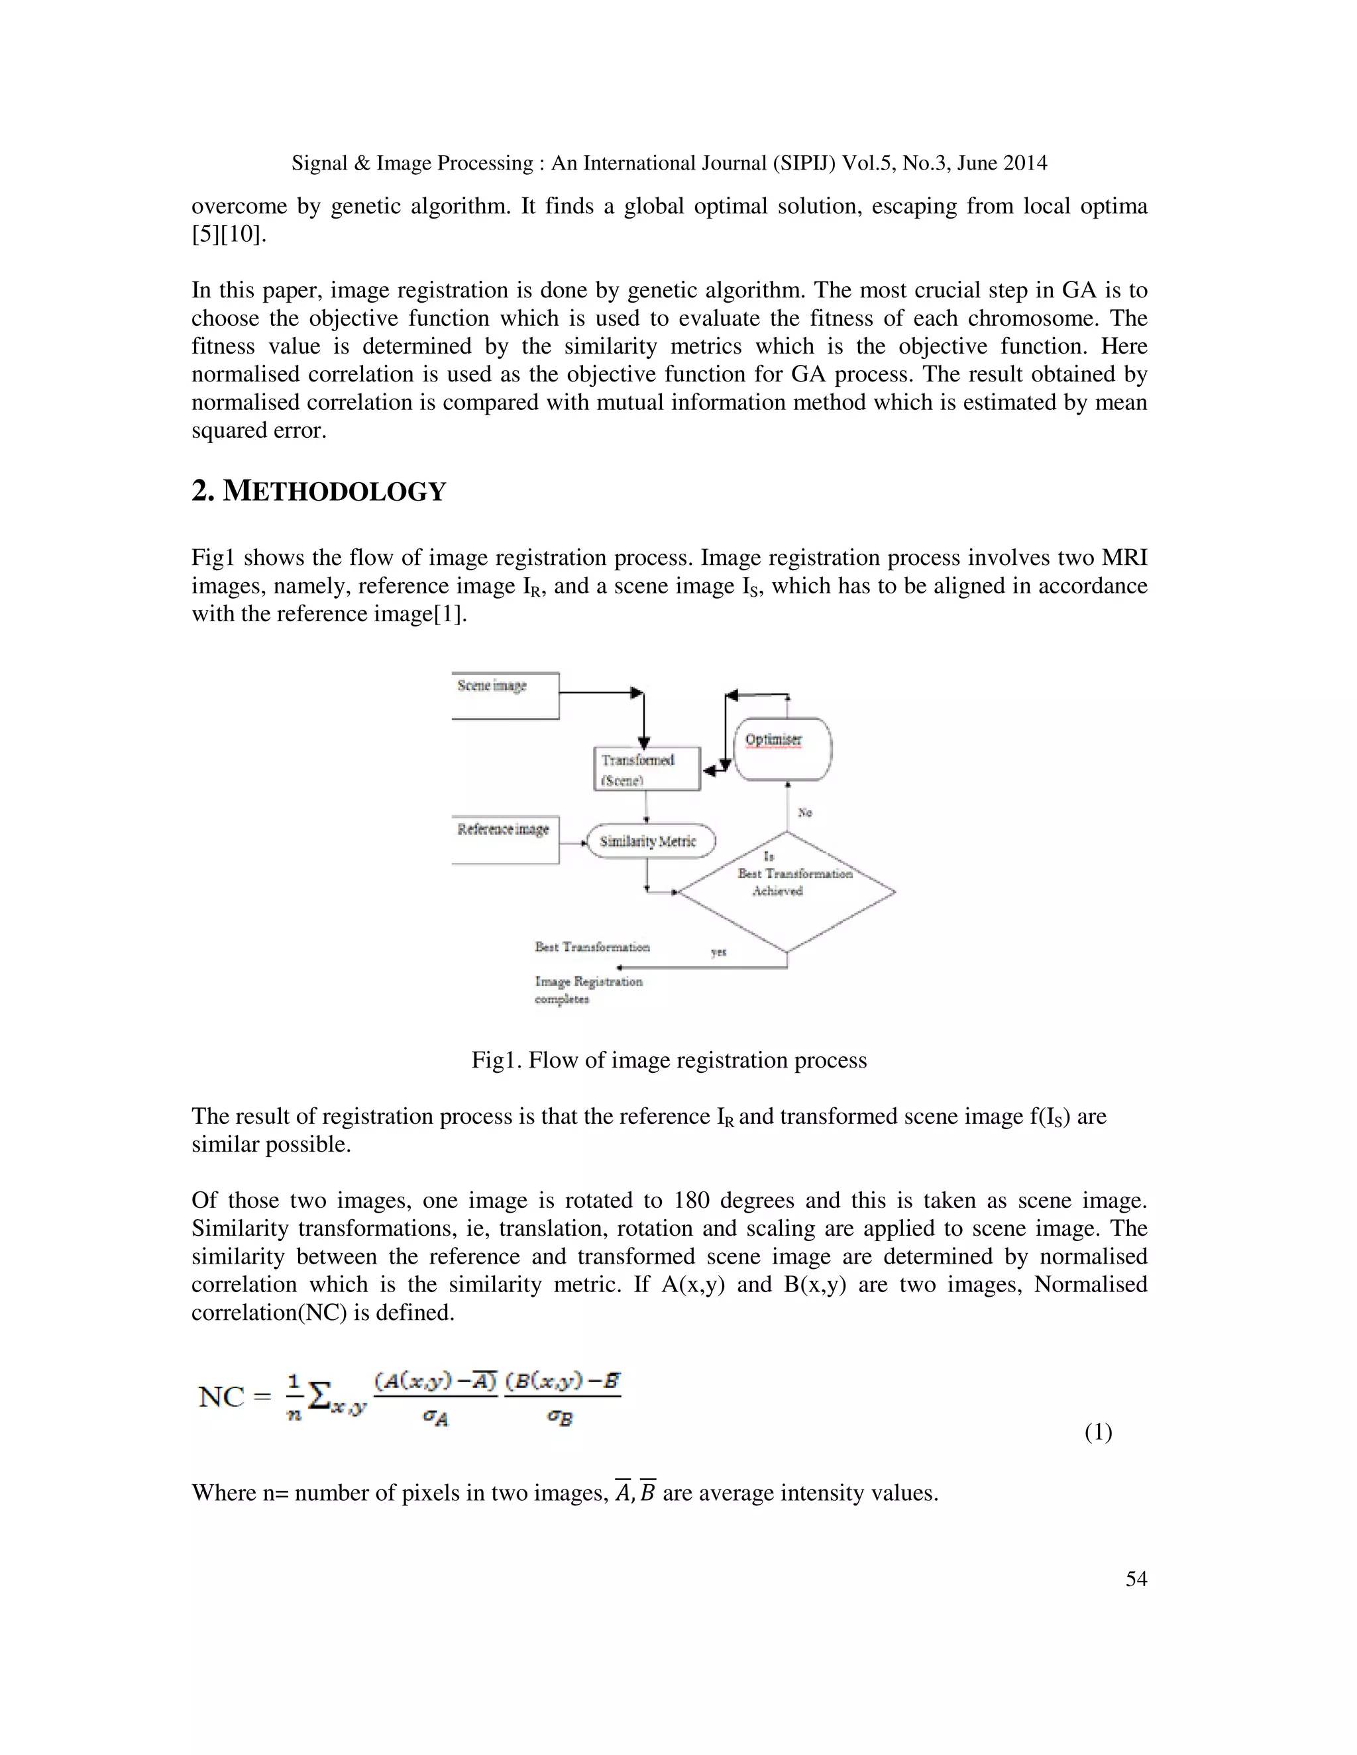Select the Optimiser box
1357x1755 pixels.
[x=783, y=749]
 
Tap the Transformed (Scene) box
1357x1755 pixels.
[x=646, y=770]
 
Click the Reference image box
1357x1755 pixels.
[x=505, y=839]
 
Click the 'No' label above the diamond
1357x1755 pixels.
[x=804, y=813]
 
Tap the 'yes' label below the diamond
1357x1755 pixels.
[x=719, y=952]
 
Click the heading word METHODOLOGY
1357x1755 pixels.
[x=334, y=492]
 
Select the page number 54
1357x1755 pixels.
[x=1135, y=1579]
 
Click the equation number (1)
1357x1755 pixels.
[x=1098, y=1432]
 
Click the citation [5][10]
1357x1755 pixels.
[x=229, y=234]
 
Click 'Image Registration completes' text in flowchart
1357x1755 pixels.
[x=588, y=990]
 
